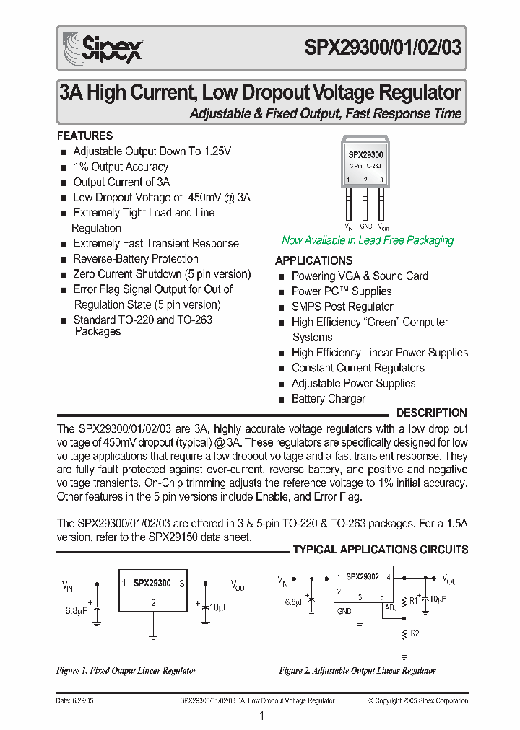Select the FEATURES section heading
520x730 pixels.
click(x=84, y=136)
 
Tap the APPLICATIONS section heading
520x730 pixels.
click(x=313, y=260)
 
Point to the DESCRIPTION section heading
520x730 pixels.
click(x=432, y=413)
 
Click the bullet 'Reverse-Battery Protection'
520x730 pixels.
click(x=136, y=258)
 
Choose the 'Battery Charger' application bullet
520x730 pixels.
click(x=328, y=398)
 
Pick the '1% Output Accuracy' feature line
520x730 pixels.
click(x=121, y=167)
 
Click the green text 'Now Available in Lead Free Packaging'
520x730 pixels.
click(x=368, y=240)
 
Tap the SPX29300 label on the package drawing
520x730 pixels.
click(x=365, y=154)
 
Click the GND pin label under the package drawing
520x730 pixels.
click(x=366, y=226)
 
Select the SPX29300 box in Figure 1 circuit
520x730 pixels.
click(x=152, y=592)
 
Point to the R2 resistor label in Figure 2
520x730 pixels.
click(x=415, y=633)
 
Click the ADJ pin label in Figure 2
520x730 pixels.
click(x=390, y=607)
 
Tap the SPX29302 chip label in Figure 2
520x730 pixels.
click(x=363, y=577)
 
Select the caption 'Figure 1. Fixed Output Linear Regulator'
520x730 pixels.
click(x=126, y=670)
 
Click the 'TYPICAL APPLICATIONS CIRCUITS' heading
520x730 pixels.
click(x=380, y=550)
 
